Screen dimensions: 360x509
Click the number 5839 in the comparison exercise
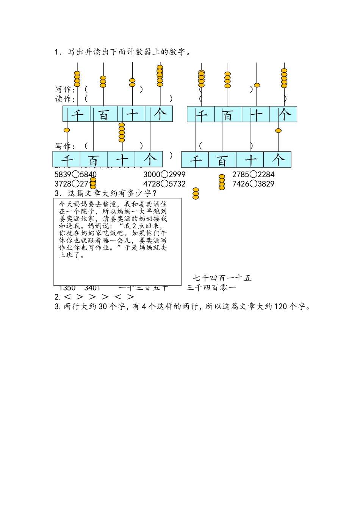(x=63, y=175)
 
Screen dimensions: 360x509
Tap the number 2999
(x=177, y=175)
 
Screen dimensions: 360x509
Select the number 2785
(x=241, y=175)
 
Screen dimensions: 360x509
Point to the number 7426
(x=241, y=184)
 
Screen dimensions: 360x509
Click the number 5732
(x=177, y=184)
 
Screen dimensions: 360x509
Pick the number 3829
(x=266, y=184)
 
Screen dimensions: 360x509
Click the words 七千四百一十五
(x=222, y=278)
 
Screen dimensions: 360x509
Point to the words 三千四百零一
(x=211, y=288)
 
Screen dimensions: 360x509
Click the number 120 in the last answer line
(x=280, y=307)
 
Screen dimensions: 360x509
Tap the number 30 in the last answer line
(x=103, y=307)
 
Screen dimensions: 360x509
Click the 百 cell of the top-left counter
(x=104, y=114)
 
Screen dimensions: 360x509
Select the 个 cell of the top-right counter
(x=283, y=114)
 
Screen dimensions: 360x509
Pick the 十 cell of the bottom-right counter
(x=250, y=160)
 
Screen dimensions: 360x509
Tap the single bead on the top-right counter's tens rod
(x=257, y=85)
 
